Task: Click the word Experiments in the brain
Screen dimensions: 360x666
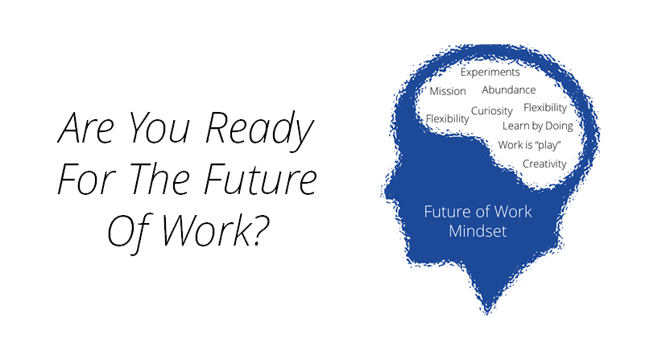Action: (x=490, y=72)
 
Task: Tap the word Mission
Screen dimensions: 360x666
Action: (x=448, y=91)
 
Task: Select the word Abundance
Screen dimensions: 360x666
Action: (x=508, y=90)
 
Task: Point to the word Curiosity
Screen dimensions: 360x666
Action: (x=492, y=111)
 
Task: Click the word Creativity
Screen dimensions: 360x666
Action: (x=544, y=163)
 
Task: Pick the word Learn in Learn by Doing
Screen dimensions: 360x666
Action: (x=515, y=126)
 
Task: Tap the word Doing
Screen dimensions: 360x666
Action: (x=559, y=126)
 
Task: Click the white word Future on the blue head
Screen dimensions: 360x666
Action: (x=445, y=213)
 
